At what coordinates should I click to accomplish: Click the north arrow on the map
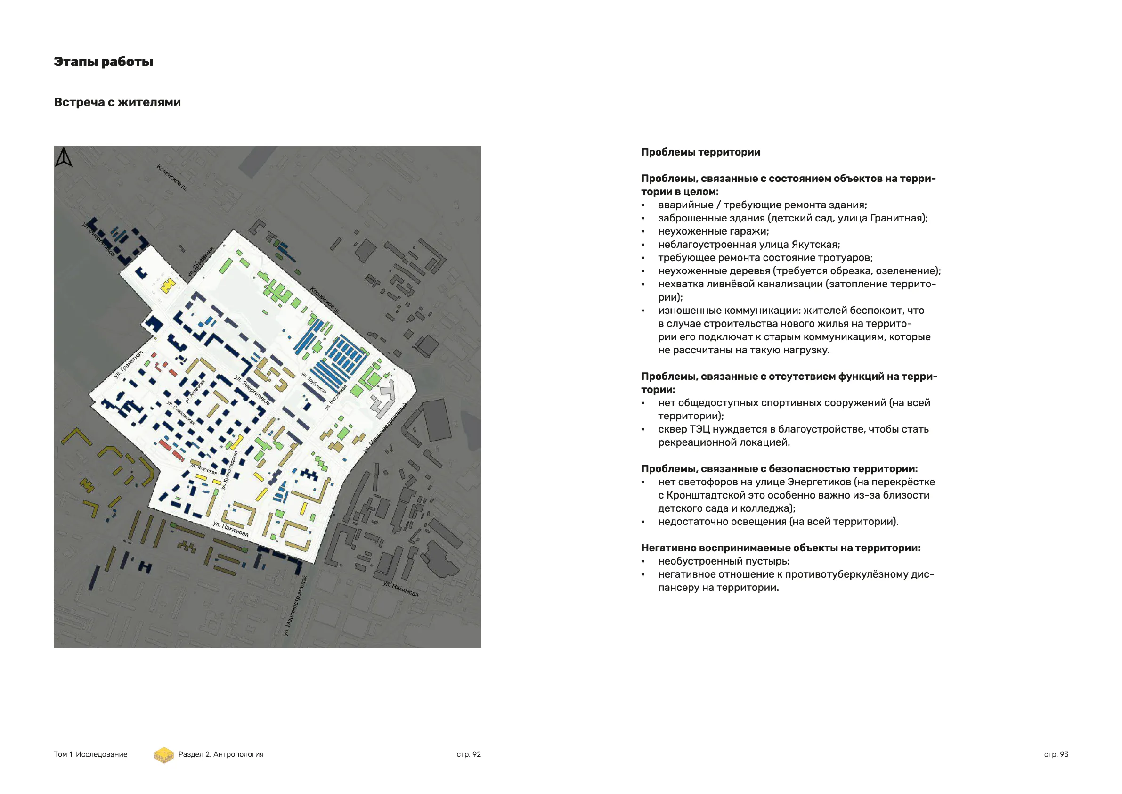click(64, 158)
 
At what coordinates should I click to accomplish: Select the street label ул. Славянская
click(180, 413)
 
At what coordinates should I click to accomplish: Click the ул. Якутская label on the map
click(203, 468)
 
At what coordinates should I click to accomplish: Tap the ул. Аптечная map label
click(195, 392)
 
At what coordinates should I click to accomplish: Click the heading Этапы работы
click(103, 62)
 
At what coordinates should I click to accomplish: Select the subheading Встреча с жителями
click(117, 102)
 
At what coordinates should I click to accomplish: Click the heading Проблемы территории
click(700, 152)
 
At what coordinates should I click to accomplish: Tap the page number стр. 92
click(468, 754)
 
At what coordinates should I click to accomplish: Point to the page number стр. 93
click(1056, 754)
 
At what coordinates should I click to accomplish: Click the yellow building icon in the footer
click(164, 755)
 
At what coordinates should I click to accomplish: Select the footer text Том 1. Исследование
click(90, 754)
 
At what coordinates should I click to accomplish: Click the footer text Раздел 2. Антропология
click(220, 754)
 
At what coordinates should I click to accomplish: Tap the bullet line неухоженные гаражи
click(713, 231)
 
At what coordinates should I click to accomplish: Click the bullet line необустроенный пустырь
click(723, 561)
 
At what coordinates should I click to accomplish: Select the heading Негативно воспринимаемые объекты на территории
click(781, 548)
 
